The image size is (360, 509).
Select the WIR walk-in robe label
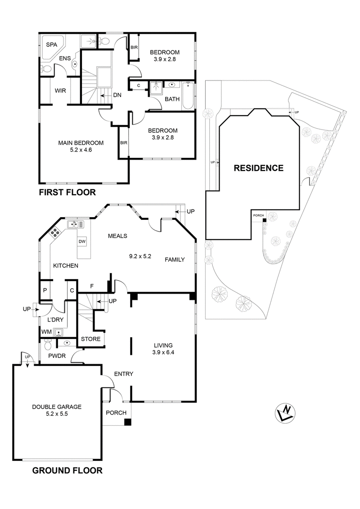pos(61,90)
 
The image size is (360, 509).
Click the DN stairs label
pos(117,95)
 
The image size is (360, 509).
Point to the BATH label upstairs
pos(172,99)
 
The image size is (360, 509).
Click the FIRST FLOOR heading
pos(67,192)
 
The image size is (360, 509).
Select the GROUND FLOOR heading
pos(67,471)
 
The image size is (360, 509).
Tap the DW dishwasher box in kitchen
pos(82,241)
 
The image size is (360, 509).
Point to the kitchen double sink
pos(73,224)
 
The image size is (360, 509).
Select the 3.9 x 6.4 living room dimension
pos(163,353)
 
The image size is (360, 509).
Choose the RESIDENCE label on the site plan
pos(258,168)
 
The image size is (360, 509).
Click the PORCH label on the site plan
pos(258,215)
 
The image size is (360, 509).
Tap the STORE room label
pos(90,339)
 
